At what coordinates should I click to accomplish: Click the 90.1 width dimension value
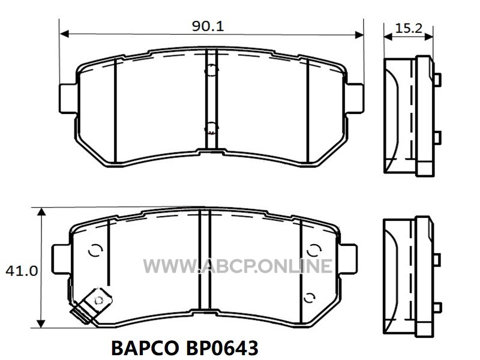[208, 26]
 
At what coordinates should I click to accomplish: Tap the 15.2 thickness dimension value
[409, 28]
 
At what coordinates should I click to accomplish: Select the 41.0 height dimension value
[22, 271]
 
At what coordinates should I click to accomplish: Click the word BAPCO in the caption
[145, 348]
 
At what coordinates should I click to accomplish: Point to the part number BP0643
[222, 348]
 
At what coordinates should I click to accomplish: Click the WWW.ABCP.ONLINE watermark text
[238, 266]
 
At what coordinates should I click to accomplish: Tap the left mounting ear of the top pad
[68, 98]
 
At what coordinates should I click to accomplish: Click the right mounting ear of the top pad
[355, 98]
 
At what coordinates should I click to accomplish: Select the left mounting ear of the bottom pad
[61, 259]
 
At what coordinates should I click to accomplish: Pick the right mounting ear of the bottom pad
[348, 259]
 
